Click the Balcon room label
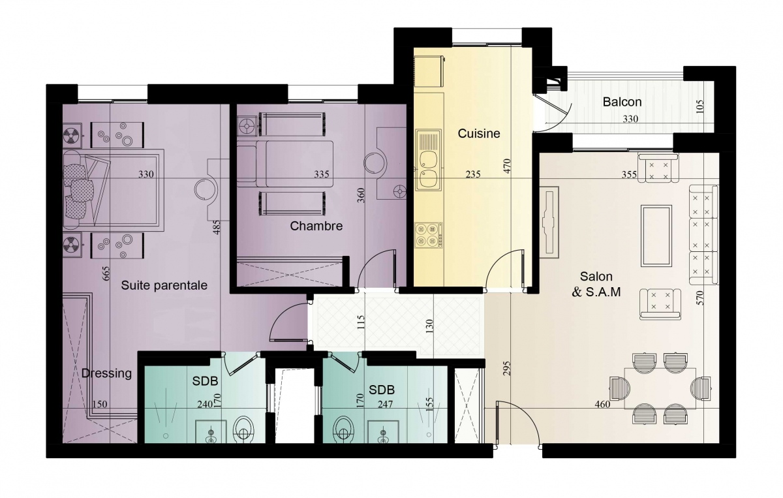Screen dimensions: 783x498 coord(622,102)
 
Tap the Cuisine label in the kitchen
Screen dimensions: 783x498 coord(479,133)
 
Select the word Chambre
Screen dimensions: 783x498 coord(316,226)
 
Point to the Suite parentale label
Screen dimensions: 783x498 coord(164,285)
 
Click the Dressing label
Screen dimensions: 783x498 coord(106,373)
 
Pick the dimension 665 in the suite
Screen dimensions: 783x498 coord(106,273)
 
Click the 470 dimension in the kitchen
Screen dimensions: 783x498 coord(507,166)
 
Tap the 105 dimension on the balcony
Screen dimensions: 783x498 coord(699,106)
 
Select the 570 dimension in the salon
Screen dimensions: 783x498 coord(699,298)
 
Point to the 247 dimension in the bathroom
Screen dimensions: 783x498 coord(385,404)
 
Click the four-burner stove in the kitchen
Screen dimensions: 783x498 coord(429,235)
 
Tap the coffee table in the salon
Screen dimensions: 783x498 coord(656,236)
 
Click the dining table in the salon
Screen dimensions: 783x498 coord(660,388)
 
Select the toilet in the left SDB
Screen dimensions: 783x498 coord(243,429)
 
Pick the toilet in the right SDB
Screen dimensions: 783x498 coord(344,429)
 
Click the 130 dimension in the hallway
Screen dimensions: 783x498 coord(430,326)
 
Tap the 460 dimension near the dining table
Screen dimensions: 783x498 coord(602,404)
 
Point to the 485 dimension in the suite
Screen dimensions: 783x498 coord(217,227)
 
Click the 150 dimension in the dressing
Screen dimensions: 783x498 coord(100,404)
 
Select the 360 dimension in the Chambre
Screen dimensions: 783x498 coord(361,196)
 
